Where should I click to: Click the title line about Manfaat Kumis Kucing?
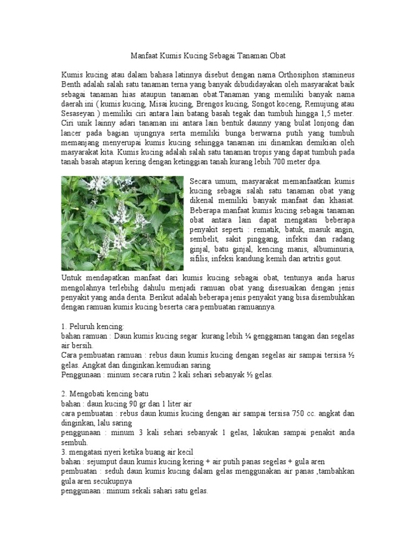pyautogui.click(x=208, y=56)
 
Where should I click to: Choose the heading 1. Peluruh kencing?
pyautogui.click(x=93, y=326)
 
